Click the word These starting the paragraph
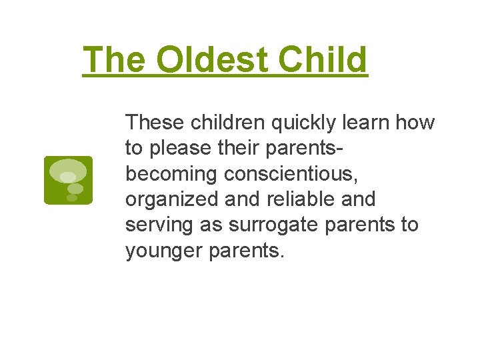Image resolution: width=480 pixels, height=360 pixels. [155, 123]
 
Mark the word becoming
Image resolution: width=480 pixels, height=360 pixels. [172, 174]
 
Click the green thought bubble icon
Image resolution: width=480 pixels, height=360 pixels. [68, 180]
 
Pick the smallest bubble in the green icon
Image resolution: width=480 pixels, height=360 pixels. [72, 197]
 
